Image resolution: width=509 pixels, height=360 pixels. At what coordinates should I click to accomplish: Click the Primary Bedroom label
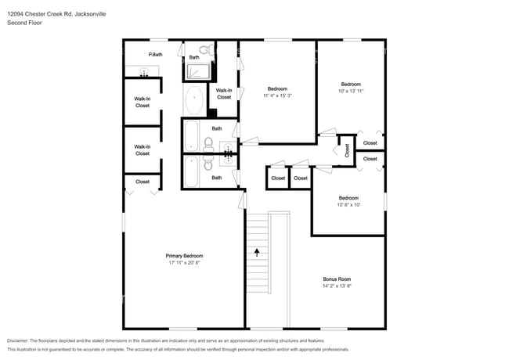(184, 256)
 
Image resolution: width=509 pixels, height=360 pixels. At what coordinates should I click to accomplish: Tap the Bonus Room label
(337, 279)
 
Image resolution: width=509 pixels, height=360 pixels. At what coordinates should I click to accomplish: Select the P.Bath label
(155, 55)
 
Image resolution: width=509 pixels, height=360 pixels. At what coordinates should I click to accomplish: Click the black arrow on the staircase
(257, 252)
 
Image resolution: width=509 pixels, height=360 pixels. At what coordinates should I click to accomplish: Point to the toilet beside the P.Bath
(206, 49)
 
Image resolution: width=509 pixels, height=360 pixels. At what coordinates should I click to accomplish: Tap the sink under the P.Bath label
(143, 71)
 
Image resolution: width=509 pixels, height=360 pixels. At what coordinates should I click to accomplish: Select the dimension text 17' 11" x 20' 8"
(184, 263)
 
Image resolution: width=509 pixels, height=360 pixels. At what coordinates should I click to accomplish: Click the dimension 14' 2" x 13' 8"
(337, 286)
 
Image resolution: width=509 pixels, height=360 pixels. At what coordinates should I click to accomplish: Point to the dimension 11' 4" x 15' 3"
(277, 95)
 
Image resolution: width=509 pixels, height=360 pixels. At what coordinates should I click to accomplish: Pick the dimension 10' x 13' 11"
(351, 91)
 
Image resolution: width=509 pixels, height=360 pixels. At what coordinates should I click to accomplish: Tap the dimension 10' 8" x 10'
(348, 205)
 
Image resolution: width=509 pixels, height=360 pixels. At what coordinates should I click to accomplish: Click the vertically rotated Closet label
(347, 150)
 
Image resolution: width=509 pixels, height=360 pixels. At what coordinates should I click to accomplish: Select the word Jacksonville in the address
(90, 14)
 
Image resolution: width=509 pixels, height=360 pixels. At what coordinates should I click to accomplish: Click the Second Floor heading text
(24, 23)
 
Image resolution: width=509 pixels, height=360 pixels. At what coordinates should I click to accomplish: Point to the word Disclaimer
(18, 341)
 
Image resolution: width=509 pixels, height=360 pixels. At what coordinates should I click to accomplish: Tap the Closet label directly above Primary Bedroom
(143, 182)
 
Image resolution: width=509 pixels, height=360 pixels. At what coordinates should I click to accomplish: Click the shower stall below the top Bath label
(197, 72)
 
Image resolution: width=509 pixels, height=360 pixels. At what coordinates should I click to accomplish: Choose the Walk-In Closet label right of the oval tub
(224, 94)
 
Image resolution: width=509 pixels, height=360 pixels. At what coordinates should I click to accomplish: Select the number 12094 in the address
(15, 14)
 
